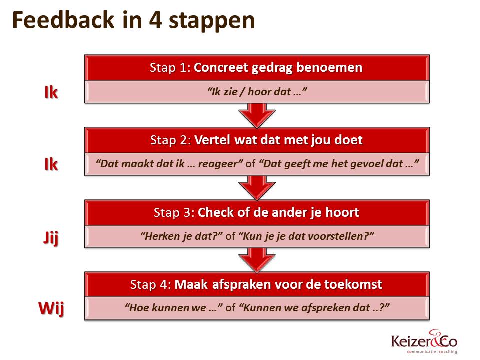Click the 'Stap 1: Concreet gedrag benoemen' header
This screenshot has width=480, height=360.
pos(256,68)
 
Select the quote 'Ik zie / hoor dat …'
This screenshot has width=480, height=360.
pos(256,92)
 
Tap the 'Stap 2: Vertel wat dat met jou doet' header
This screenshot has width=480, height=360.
pos(256,140)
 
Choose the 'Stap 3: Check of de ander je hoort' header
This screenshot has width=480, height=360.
pos(256,212)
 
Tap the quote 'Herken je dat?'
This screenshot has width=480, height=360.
pos(181,236)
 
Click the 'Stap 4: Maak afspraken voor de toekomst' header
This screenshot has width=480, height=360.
pos(256,284)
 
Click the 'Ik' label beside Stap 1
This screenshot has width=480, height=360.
pos(51,93)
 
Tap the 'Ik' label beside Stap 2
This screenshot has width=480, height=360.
pos(51,165)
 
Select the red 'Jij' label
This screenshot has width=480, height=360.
pos(50,238)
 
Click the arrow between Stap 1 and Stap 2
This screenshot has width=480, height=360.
pos(256,114)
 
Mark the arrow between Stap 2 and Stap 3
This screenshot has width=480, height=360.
pos(256,187)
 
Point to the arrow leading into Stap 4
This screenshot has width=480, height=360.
pos(256,259)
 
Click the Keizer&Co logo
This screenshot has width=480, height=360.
pos(424,342)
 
